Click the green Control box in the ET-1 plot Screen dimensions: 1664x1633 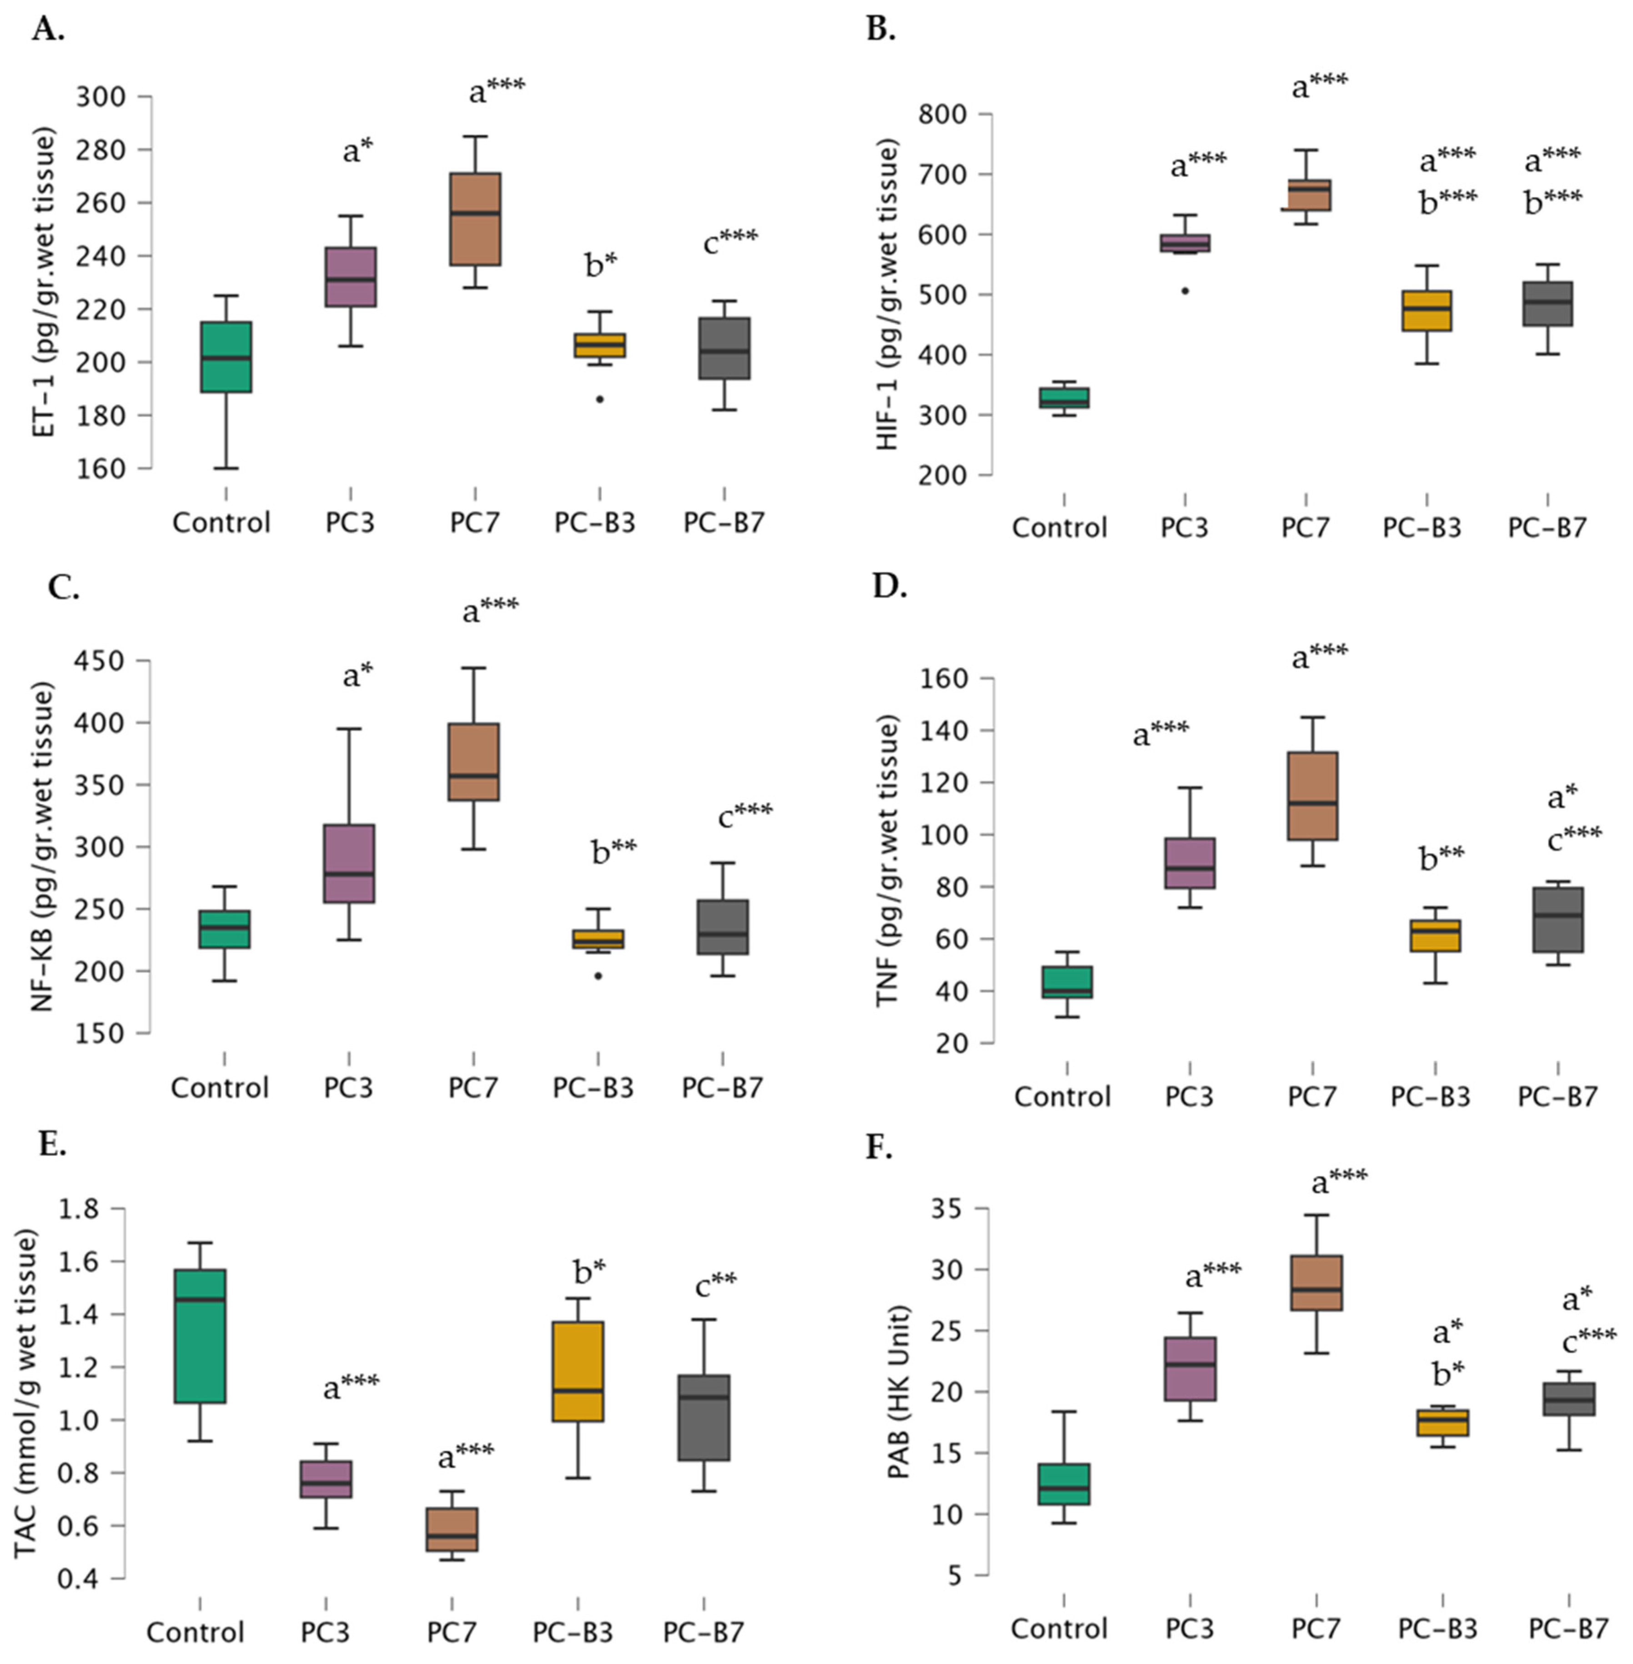tap(226, 357)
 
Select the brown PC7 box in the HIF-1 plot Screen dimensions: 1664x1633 tap(1306, 195)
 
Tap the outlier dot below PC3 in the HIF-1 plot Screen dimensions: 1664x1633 tap(1185, 291)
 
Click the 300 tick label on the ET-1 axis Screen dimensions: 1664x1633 tap(101, 96)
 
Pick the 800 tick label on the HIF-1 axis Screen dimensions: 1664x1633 tap(942, 114)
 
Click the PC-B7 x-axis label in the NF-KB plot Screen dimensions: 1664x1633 tap(722, 1088)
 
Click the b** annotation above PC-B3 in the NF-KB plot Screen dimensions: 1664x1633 tap(614, 851)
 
